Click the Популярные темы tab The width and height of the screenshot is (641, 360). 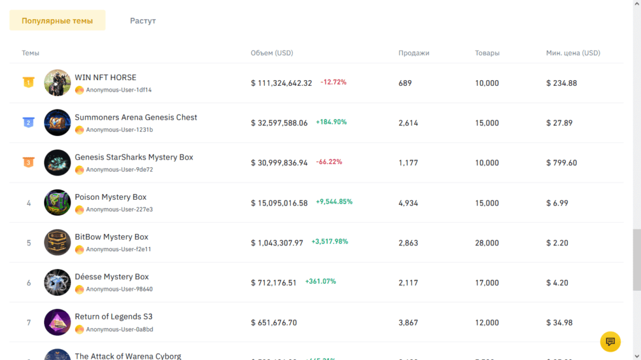tap(57, 20)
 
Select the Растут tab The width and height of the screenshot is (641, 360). tap(143, 20)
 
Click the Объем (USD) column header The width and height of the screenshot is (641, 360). tap(272, 53)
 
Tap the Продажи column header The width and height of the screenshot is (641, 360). tap(413, 53)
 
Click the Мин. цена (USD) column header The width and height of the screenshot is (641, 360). tap(573, 53)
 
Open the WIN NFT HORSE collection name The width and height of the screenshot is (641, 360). tap(105, 78)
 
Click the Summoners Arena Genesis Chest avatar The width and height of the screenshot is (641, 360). tap(57, 122)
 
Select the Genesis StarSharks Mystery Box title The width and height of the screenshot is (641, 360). tap(133, 157)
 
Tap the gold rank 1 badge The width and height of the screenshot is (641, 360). tap(28, 83)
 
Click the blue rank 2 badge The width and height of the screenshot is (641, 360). tap(28, 122)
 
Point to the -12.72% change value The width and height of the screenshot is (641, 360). tap(333, 82)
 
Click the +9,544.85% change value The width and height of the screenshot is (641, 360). tap(334, 202)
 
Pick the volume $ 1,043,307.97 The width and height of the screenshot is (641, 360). tap(277, 243)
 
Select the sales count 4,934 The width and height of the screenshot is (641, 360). tap(408, 203)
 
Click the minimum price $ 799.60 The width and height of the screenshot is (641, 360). tap(562, 163)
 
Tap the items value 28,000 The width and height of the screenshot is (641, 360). tap(487, 243)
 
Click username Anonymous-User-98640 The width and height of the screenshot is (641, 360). tap(119, 289)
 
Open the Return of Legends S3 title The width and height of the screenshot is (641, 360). tap(113, 316)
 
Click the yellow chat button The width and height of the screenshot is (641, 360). tap(610, 341)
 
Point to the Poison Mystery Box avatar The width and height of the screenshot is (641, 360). tap(57, 202)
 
